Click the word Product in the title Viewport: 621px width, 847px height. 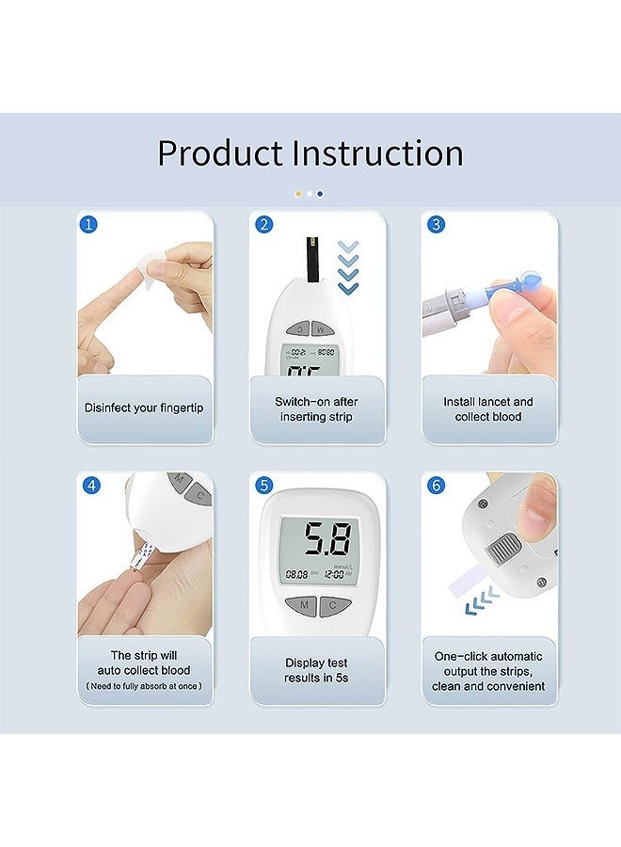click(219, 153)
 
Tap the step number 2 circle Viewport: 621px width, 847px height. click(264, 225)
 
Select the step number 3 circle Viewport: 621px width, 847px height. click(437, 225)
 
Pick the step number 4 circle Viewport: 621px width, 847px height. click(90, 486)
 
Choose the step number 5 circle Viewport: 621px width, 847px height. click(264, 486)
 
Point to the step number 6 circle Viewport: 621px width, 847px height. click(437, 486)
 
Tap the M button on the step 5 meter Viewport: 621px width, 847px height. click(300, 606)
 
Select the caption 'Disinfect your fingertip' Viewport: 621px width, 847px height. click(144, 408)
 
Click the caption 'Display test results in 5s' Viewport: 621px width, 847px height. click(317, 670)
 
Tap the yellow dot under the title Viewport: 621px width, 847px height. click(298, 193)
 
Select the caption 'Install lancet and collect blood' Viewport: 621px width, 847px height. click(488, 408)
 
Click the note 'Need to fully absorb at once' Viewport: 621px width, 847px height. click(144, 686)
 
